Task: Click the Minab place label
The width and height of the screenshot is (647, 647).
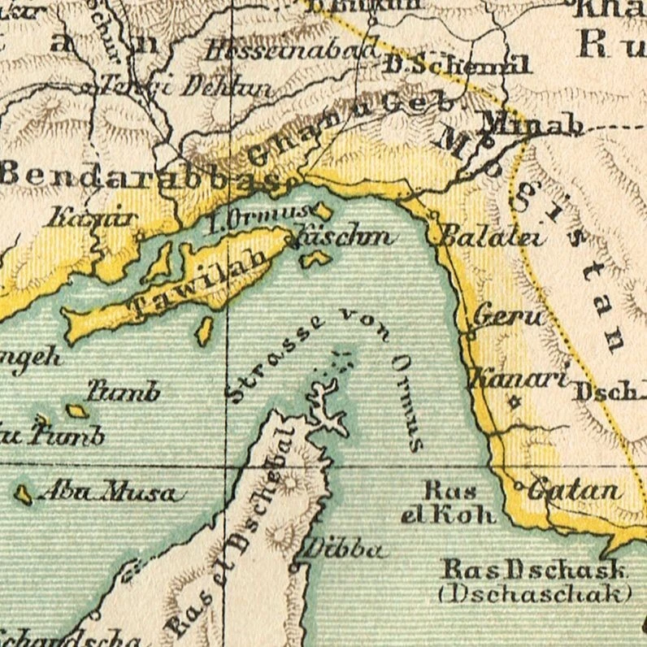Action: pyautogui.click(x=532, y=124)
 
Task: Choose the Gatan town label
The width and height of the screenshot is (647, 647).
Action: pyautogui.click(x=574, y=491)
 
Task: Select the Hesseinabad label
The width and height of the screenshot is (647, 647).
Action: pyautogui.click(x=290, y=51)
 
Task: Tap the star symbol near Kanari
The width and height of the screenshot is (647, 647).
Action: pyautogui.click(x=513, y=401)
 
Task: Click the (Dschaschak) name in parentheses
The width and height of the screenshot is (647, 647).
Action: pyautogui.click(x=534, y=593)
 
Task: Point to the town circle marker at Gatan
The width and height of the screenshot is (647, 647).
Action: pyautogui.click(x=520, y=487)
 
